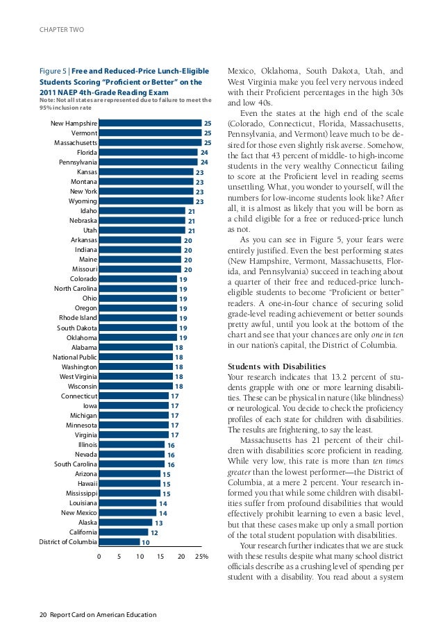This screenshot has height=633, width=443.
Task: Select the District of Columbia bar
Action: (119, 542)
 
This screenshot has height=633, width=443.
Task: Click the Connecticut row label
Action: (79, 396)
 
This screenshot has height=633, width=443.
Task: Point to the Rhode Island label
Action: (78, 318)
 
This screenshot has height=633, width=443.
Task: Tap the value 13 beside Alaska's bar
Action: (158, 523)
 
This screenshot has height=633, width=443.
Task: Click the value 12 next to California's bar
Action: (154, 532)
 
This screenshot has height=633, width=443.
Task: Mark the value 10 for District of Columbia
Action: (146, 542)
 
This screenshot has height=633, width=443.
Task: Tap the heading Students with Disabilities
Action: (276, 366)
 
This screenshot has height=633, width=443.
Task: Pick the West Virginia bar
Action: (135, 376)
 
